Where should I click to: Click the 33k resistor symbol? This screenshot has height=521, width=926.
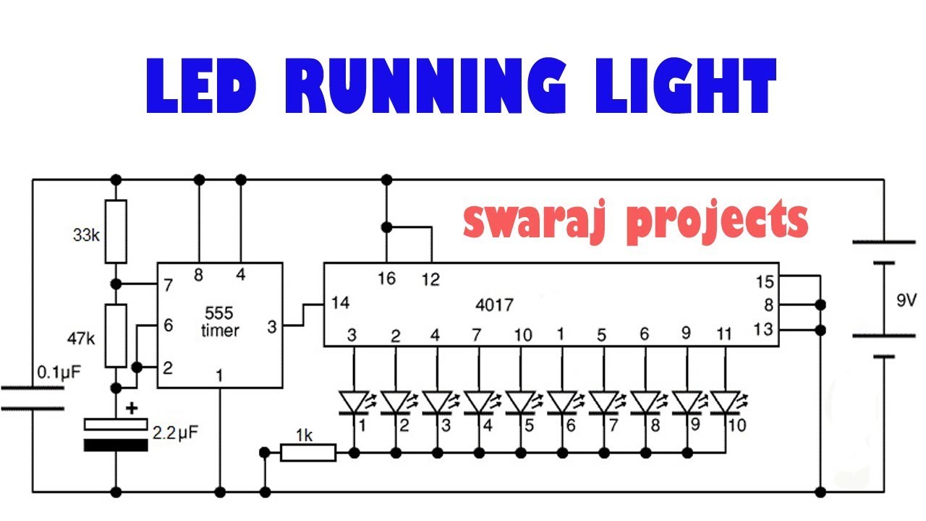[x=116, y=232]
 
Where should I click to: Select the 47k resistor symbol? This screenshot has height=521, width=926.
[x=116, y=336]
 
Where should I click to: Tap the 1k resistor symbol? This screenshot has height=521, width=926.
[x=307, y=453]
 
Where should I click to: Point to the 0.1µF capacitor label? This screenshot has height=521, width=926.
[x=58, y=373]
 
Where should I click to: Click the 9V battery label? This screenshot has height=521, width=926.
[x=905, y=300]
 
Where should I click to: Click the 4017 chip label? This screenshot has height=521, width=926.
[x=495, y=305]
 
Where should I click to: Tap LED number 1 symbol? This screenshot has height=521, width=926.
[x=353, y=403]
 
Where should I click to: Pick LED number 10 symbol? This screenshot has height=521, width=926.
[x=725, y=403]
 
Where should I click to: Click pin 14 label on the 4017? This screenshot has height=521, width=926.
[x=340, y=303]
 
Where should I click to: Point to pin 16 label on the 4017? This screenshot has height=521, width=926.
[x=387, y=279]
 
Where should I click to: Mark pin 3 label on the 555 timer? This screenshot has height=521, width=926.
[x=271, y=327]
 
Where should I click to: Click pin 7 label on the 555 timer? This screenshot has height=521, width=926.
[x=168, y=285]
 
